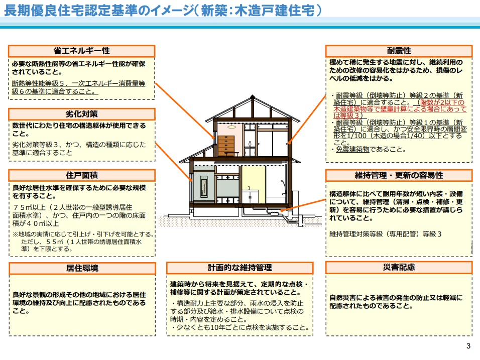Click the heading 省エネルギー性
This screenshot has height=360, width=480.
click(81, 51)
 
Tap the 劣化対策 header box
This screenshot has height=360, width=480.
click(82, 114)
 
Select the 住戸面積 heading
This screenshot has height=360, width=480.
click(82, 175)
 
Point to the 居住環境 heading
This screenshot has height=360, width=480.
click(82, 268)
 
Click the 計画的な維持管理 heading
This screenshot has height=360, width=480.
click(239, 268)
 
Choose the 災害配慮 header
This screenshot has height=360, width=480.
click(399, 267)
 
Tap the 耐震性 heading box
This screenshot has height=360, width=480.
click(399, 51)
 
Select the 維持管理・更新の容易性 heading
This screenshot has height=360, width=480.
click(399, 175)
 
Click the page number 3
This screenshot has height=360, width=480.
click(468, 346)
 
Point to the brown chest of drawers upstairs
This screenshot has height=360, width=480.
click(226, 146)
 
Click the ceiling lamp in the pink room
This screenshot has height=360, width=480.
click(232, 127)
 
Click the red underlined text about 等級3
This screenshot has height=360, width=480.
click(400, 109)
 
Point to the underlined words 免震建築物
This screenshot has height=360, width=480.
click(352, 149)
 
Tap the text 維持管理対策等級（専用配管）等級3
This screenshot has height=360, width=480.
click(386, 234)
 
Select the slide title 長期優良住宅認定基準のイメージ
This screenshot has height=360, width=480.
click(99, 11)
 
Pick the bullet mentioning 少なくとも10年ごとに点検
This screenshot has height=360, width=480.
click(241, 327)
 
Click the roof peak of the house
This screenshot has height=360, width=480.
click(252, 97)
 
